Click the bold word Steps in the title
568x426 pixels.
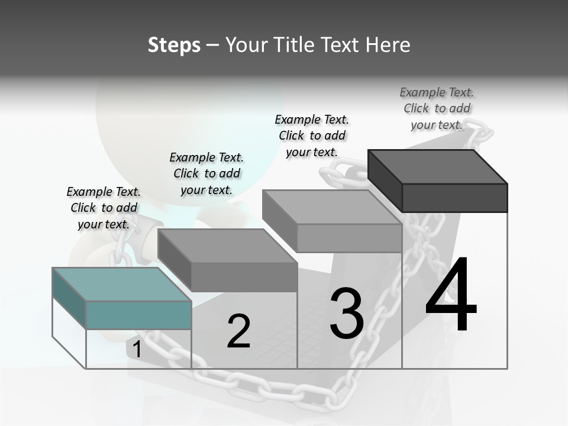click(174, 45)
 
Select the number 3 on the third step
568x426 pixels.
click(346, 314)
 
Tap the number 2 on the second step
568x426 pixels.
click(238, 331)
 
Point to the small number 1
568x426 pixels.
click(137, 350)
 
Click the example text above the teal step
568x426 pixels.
click(104, 208)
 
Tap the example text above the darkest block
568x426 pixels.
click(437, 108)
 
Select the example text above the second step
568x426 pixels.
click(206, 173)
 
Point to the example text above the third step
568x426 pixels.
click(312, 135)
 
